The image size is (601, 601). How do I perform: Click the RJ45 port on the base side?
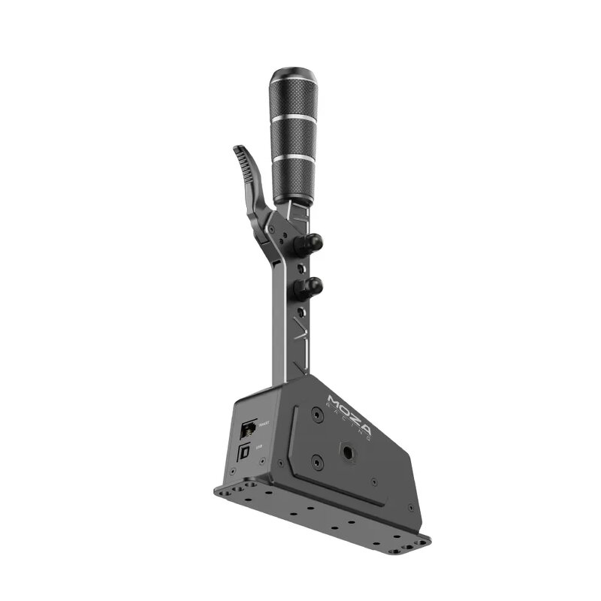point(247,430)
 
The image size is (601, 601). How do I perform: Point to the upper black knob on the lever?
point(310,243)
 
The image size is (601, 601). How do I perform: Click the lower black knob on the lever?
point(309,286)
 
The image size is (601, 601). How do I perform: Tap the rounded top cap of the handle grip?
point(294,77)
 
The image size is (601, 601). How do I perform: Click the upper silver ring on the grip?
point(294,118)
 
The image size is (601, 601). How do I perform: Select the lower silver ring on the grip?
point(294,158)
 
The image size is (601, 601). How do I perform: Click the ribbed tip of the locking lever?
point(243,154)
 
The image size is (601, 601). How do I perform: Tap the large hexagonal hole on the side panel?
point(350,452)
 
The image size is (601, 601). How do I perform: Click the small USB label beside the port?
point(259,446)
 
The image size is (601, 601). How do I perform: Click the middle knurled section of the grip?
point(294,137)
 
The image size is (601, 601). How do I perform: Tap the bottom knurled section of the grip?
point(294,180)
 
